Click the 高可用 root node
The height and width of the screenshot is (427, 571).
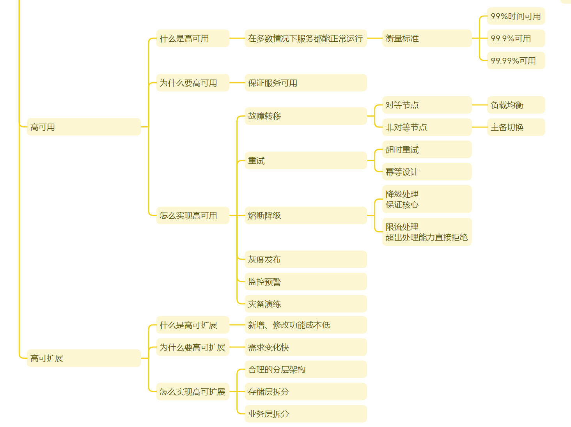(83, 127)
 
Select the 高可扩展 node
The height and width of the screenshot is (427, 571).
(83, 358)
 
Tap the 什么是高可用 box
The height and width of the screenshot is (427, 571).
(193, 38)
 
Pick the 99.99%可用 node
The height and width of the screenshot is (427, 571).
(516, 61)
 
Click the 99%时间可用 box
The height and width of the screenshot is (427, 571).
(516, 16)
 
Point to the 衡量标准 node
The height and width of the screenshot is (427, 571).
(427, 38)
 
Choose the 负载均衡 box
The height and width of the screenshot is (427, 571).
(516, 105)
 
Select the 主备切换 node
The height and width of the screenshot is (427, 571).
(516, 127)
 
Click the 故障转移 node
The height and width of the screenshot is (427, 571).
(306, 116)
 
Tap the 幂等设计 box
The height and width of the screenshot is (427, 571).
(427, 172)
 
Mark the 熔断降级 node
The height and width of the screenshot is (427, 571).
(306, 216)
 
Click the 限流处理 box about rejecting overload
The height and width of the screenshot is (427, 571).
(427, 232)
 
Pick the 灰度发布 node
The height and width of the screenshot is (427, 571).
(306, 260)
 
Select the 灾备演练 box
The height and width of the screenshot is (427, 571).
(306, 304)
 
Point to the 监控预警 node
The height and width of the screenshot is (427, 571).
(306, 282)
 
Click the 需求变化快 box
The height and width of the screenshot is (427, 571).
(306, 347)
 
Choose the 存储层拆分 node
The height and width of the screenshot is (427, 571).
(306, 392)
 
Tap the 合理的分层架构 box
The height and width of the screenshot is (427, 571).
(306, 370)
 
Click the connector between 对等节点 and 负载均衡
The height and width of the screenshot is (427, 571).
(479, 105)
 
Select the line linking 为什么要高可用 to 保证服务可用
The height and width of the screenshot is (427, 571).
(237, 83)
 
